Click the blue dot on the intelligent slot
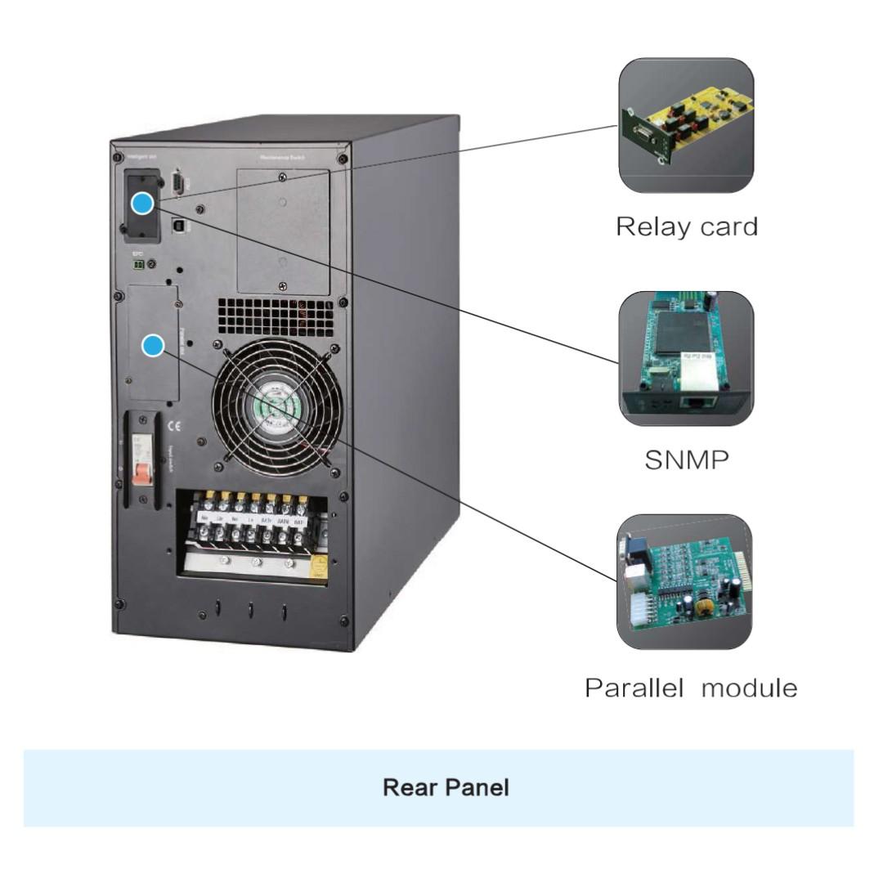click(x=143, y=204)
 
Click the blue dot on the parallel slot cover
click(x=153, y=346)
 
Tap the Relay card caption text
click(x=686, y=226)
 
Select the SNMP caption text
click(x=686, y=460)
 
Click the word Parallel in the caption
click(x=634, y=688)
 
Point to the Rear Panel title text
click(x=446, y=788)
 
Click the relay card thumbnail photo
click(x=685, y=125)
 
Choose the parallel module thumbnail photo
click(x=684, y=581)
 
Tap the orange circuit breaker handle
click(x=142, y=472)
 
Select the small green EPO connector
click(x=138, y=265)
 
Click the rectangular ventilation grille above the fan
click(x=276, y=315)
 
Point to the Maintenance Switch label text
click(x=282, y=155)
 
